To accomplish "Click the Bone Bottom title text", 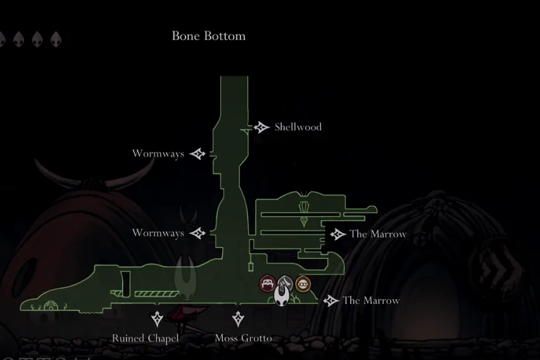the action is tap(208, 36).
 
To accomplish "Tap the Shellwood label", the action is tap(298, 127).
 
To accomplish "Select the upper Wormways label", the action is tap(158, 154).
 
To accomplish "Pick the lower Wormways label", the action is tap(158, 233).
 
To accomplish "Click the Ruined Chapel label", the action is tap(145, 338).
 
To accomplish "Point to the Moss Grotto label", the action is tap(244, 338).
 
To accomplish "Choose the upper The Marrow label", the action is tap(378, 234).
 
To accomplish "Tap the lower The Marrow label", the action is tap(371, 300).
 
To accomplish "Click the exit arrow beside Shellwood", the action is tap(261, 127).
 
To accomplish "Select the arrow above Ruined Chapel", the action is tap(157, 319).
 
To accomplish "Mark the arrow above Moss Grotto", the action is tap(238, 319).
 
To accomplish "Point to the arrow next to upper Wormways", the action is tap(198, 154).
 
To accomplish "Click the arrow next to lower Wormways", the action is tap(198, 233).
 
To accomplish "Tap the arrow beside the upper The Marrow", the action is tap(338, 234).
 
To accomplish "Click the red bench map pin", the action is tap(267, 284).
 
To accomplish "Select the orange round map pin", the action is tap(303, 284).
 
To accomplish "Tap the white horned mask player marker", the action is tap(281, 295).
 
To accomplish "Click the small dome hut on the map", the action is tap(51, 305).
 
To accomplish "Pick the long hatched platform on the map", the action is tap(157, 294).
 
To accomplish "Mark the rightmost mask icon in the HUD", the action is tap(56, 39).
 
